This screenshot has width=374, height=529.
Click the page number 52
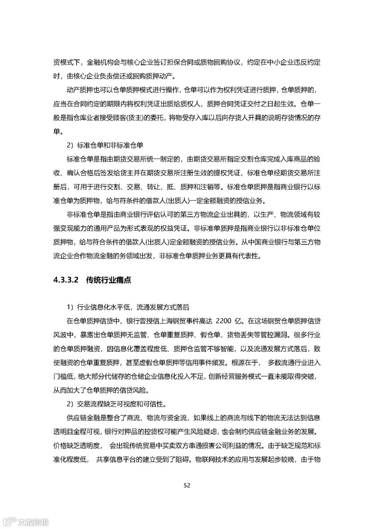tap(187, 485)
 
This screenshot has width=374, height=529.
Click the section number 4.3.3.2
tap(67, 280)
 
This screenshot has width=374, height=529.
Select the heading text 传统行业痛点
tap(108, 280)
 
